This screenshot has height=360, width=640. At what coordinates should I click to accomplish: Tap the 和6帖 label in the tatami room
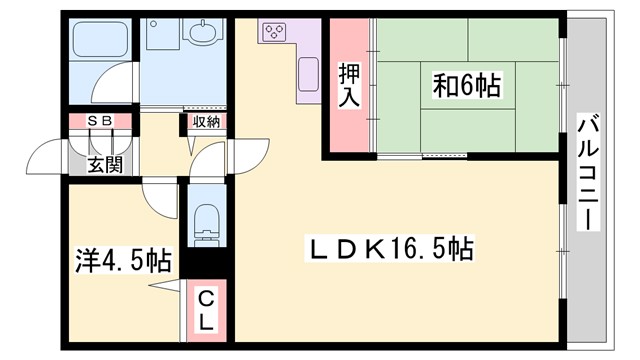tap(466, 85)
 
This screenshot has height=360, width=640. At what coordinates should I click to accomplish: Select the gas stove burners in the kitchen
tap(273, 33)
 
